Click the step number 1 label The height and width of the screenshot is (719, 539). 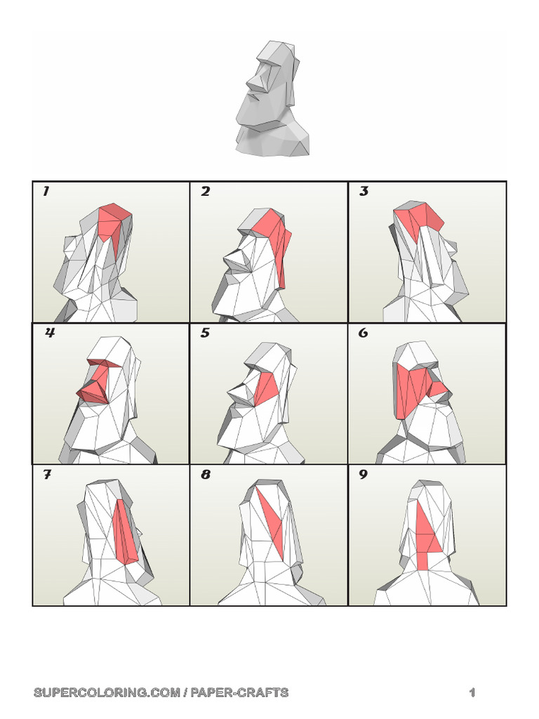coord(46,191)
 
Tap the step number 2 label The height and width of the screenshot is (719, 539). coord(205,191)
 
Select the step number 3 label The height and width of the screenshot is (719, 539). coord(364,191)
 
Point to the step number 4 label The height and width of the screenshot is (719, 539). coord(49,333)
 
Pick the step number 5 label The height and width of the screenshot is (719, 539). coord(205,333)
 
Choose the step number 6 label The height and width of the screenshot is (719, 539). coord(364,333)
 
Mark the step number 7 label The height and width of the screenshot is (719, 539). coord(47,475)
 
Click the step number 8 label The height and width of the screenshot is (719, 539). coord(206,475)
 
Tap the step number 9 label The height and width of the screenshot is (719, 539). coord(364,475)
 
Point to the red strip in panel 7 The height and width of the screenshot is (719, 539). coord(124,534)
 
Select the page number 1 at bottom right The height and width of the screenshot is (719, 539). coord(472,692)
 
